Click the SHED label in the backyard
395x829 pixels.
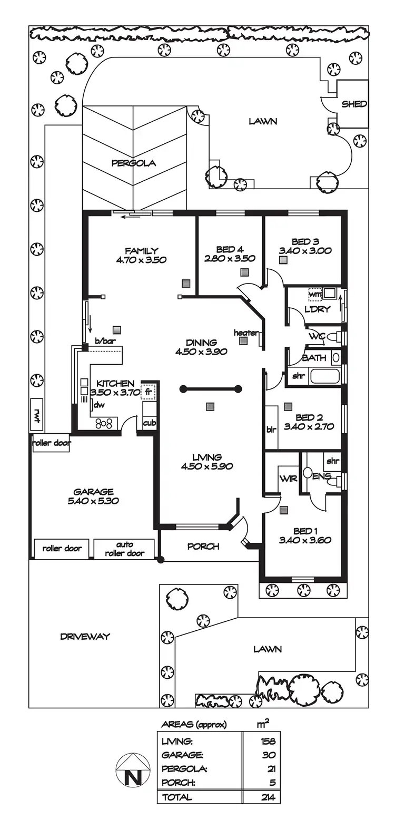pyautogui.click(x=354, y=104)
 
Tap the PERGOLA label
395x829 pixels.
pyautogui.click(x=133, y=163)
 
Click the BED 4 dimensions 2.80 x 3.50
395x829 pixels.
pyautogui.click(x=230, y=259)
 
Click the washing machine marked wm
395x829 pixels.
pyautogui.click(x=315, y=294)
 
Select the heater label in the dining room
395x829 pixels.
pyautogui.click(x=246, y=333)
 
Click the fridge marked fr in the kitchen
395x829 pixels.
pyautogui.click(x=149, y=392)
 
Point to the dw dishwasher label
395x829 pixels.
pyautogui.click(x=98, y=405)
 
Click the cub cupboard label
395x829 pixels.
pyautogui.click(x=149, y=422)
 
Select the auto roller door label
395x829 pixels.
pyautogui.click(x=125, y=549)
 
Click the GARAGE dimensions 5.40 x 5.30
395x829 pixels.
pyautogui.click(x=93, y=501)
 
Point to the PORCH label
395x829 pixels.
pyautogui.click(x=203, y=547)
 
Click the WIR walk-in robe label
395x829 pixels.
pyautogui.click(x=288, y=479)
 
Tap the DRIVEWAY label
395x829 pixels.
pyautogui.click(x=85, y=636)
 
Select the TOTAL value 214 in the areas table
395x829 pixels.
pyautogui.click(x=268, y=797)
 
